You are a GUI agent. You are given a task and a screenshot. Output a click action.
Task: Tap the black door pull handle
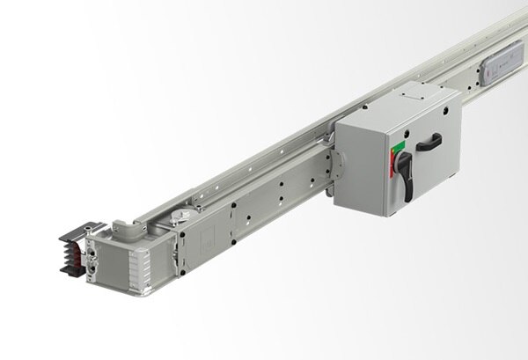point(429,142)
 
